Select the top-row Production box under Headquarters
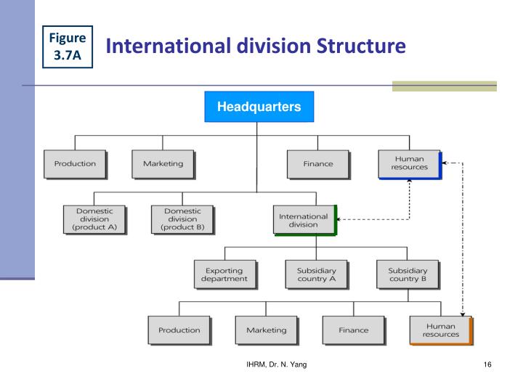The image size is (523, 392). click(x=75, y=163)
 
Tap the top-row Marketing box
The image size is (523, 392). click(x=163, y=163)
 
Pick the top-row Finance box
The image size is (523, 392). click(x=317, y=164)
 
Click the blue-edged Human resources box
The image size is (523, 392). click(x=409, y=163)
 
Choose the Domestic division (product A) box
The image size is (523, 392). click(x=94, y=219)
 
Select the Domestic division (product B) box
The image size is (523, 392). click(x=182, y=219)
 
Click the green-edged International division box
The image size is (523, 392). click(x=305, y=220)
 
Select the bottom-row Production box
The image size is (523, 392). click(x=179, y=330)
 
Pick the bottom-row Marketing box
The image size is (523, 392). click(x=266, y=330)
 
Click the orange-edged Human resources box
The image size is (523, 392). click(x=441, y=330)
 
